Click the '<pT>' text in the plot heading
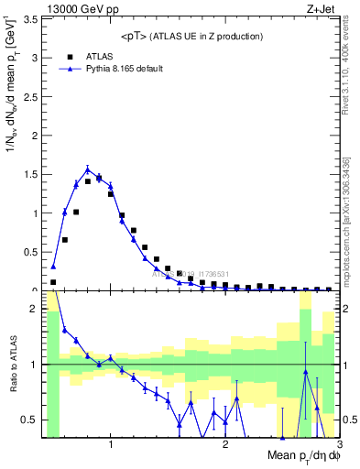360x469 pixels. pyautogui.click(x=136, y=36)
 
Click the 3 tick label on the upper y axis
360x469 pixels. pyautogui.click(x=34, y=59)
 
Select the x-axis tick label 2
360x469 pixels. pyautogui.click(x=225, y=444)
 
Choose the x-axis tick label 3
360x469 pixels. pyautogui.click(x=338, y=444)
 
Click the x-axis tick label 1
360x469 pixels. pyautogui.click(x=111, y=444)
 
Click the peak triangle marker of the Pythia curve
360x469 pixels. pyautogui.click(x=88, y=169)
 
